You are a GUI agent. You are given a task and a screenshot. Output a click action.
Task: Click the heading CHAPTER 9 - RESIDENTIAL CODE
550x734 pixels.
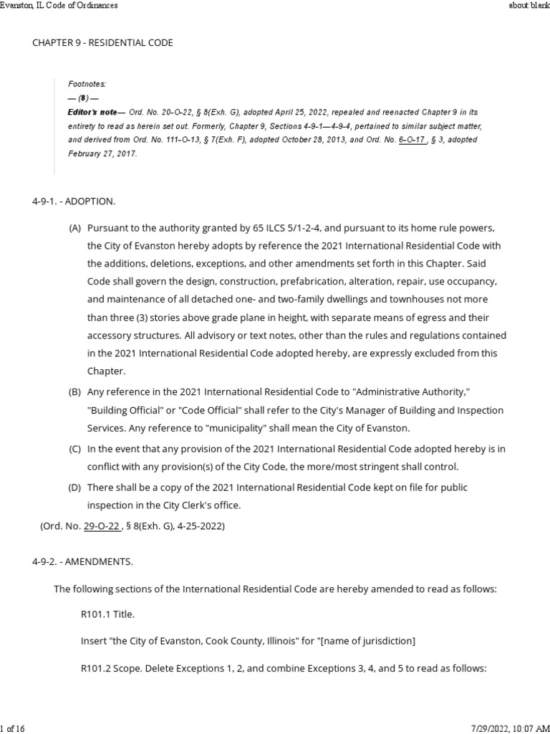pos(102,43)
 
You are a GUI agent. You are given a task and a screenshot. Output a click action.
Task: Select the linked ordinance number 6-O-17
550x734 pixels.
pos(412,140)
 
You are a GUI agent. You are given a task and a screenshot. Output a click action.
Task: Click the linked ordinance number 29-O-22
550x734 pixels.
pos(100,526)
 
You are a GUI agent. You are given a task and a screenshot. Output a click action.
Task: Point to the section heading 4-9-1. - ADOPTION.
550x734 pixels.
pos(73,201)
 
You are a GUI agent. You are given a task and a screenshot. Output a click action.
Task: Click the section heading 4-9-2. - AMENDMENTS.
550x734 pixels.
pos(82,561)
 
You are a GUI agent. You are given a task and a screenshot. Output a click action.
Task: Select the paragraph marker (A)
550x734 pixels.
pos(74,229)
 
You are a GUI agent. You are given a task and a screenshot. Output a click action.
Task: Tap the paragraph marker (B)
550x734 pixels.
pos(74,393)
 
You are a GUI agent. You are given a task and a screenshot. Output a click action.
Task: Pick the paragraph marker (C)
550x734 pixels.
pos(74,449)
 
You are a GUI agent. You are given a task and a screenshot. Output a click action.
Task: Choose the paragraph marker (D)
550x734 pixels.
pos(74,488)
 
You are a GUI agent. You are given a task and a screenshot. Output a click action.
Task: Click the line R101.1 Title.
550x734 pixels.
pos(107,614)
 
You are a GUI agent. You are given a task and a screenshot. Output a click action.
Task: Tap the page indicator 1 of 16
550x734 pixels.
pos(13,728)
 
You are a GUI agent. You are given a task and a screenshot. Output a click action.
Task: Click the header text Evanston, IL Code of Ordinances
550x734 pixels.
pos(59,5)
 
